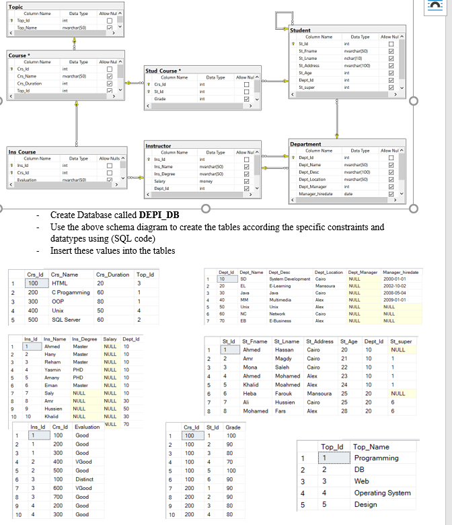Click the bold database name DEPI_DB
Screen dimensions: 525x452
point(160,215)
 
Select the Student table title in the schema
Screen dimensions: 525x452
point(300,30)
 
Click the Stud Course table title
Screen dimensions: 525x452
point(161,71)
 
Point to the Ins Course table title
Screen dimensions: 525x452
point(22,152)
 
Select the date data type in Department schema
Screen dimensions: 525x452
point(348,194)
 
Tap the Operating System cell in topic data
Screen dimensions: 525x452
point(382,493)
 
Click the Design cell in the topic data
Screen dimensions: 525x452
point(366,504)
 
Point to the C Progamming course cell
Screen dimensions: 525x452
point(71,293)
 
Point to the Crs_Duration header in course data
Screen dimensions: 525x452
point(113,274)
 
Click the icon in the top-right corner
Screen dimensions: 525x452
point(442,7)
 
